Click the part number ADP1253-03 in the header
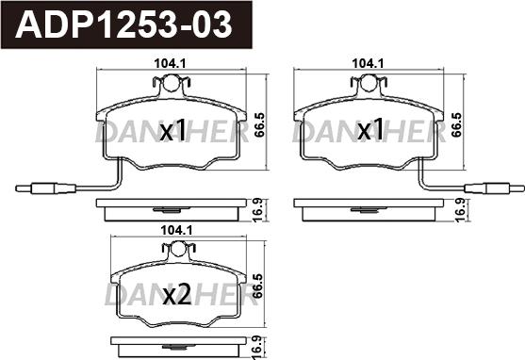tap(123, 25)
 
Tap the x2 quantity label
tap(177, 294)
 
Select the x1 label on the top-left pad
tap(172, 131)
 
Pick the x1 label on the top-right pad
tap(370, 130)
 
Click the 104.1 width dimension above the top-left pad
tap(170, 64)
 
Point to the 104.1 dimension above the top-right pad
tap(368, 63)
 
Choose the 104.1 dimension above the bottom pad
tap(176, 230)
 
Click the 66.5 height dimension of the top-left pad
tap(259, 124)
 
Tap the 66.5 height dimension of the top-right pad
tap(456, 124)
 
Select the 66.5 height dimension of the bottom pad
tap(257, 286)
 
